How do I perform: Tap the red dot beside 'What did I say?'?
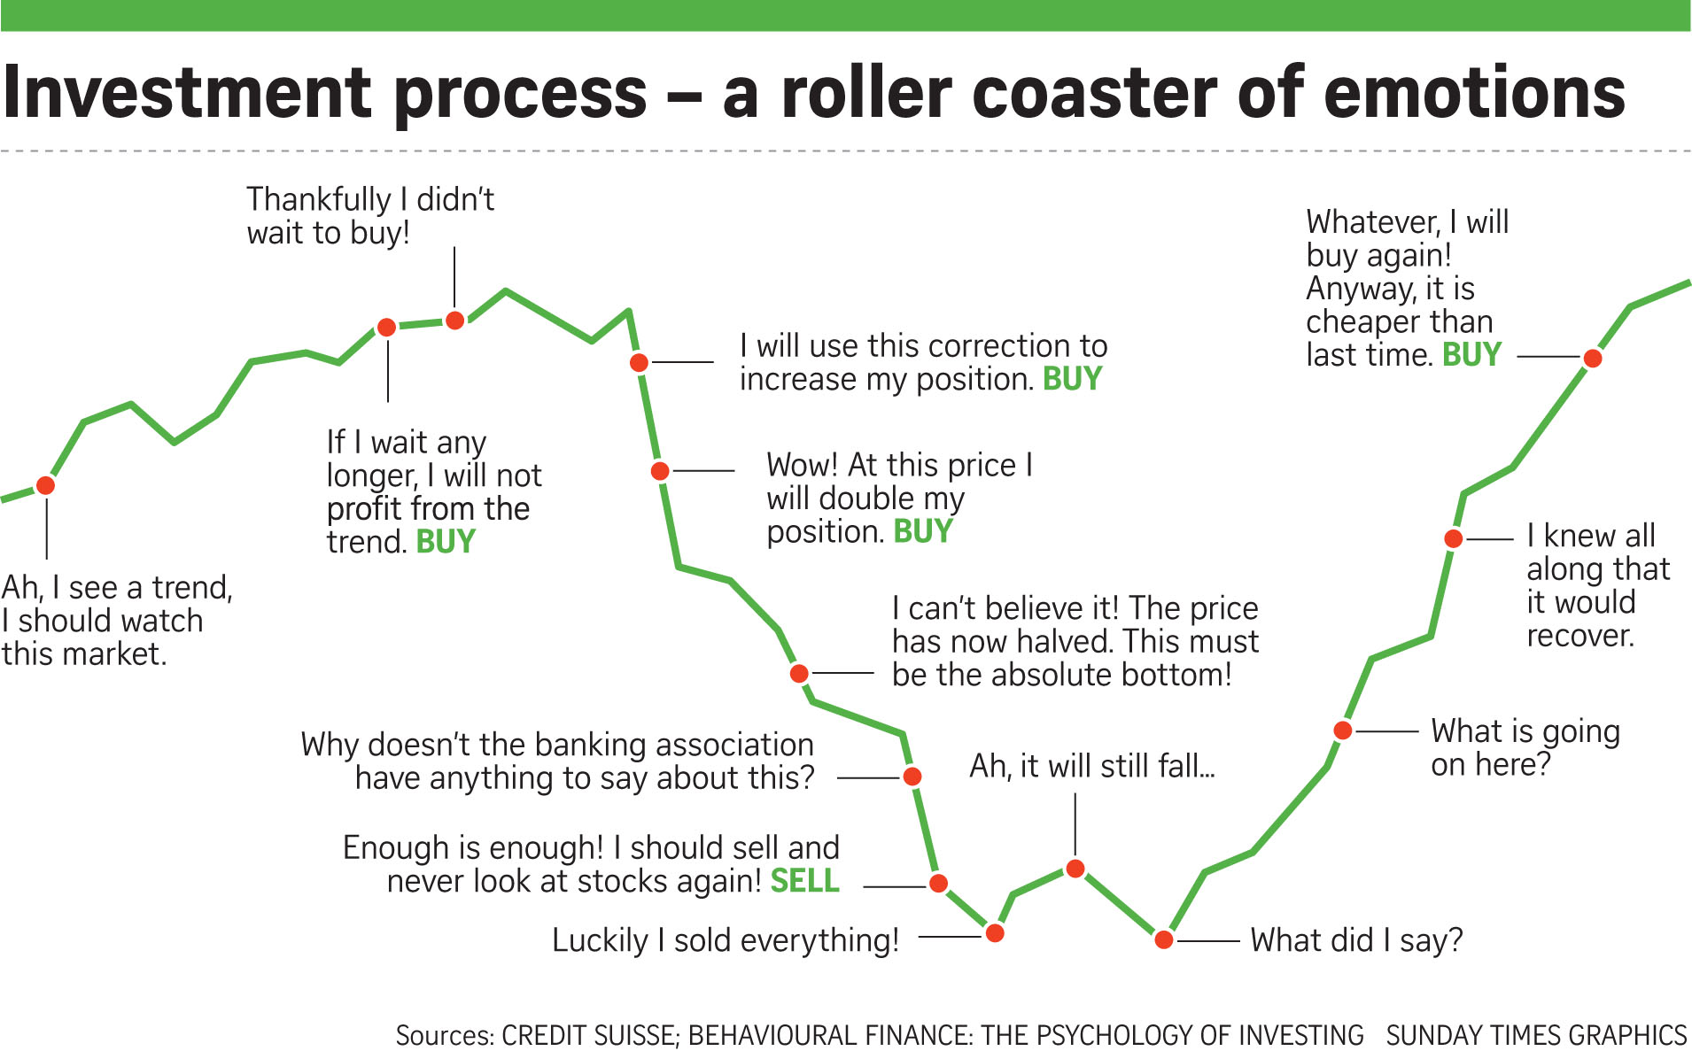pyautogui.click(x=1164, y=939)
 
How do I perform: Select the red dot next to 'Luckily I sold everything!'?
pyautogui.click(x=995, y=933)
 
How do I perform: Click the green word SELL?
pyautogui.click(x=804, y=881)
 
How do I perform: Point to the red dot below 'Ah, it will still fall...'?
pyautogui.click(x=1075, y=869)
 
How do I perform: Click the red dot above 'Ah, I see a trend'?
pyautogui.click(x=46, y=485)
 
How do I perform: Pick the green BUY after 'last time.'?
pyautogui.click(x=1471, y=355)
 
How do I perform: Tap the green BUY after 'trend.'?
pyautogui.click(x=446, y=542)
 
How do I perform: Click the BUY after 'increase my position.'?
pyautogui.click(x=1072, y=379)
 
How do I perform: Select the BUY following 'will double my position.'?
pyautogui.click(x=923, y=531)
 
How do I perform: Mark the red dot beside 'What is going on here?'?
pyautogui.click(x=1343, y=730)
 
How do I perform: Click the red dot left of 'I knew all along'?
pyautogui.click(x=1454, y=538)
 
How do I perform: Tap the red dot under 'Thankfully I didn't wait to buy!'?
pyautogui.click(x=454, y=321)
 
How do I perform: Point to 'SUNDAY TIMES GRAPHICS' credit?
pyautogui.click(x=1536, y=1035)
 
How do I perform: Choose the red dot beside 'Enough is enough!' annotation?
pyautogui.click(x=938, y=883)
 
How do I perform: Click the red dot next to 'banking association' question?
pyautogui.click(x=912, y=777)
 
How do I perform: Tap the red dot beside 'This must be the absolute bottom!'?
pyautogui.click(x=799, y=674)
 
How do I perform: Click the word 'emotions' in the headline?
pyautogui.click(x=1475, y=93)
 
